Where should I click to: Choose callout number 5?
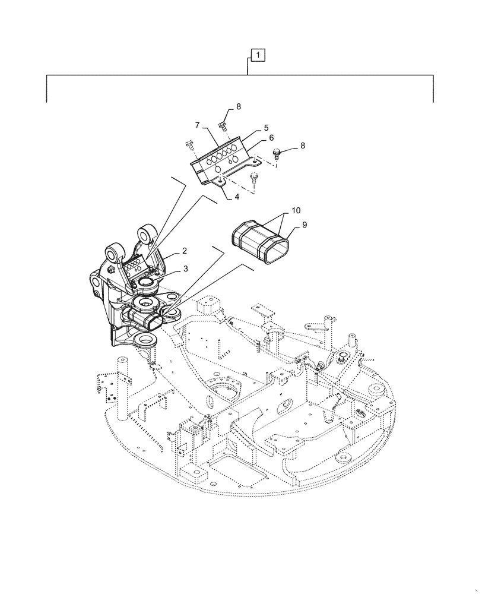[x=267, y=127]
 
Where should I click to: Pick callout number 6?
[x=271, y=137]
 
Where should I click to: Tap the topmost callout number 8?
[x=239, y=107]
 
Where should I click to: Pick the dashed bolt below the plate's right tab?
[x=254, y=176]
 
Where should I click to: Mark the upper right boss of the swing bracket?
[x=146, y=233]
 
